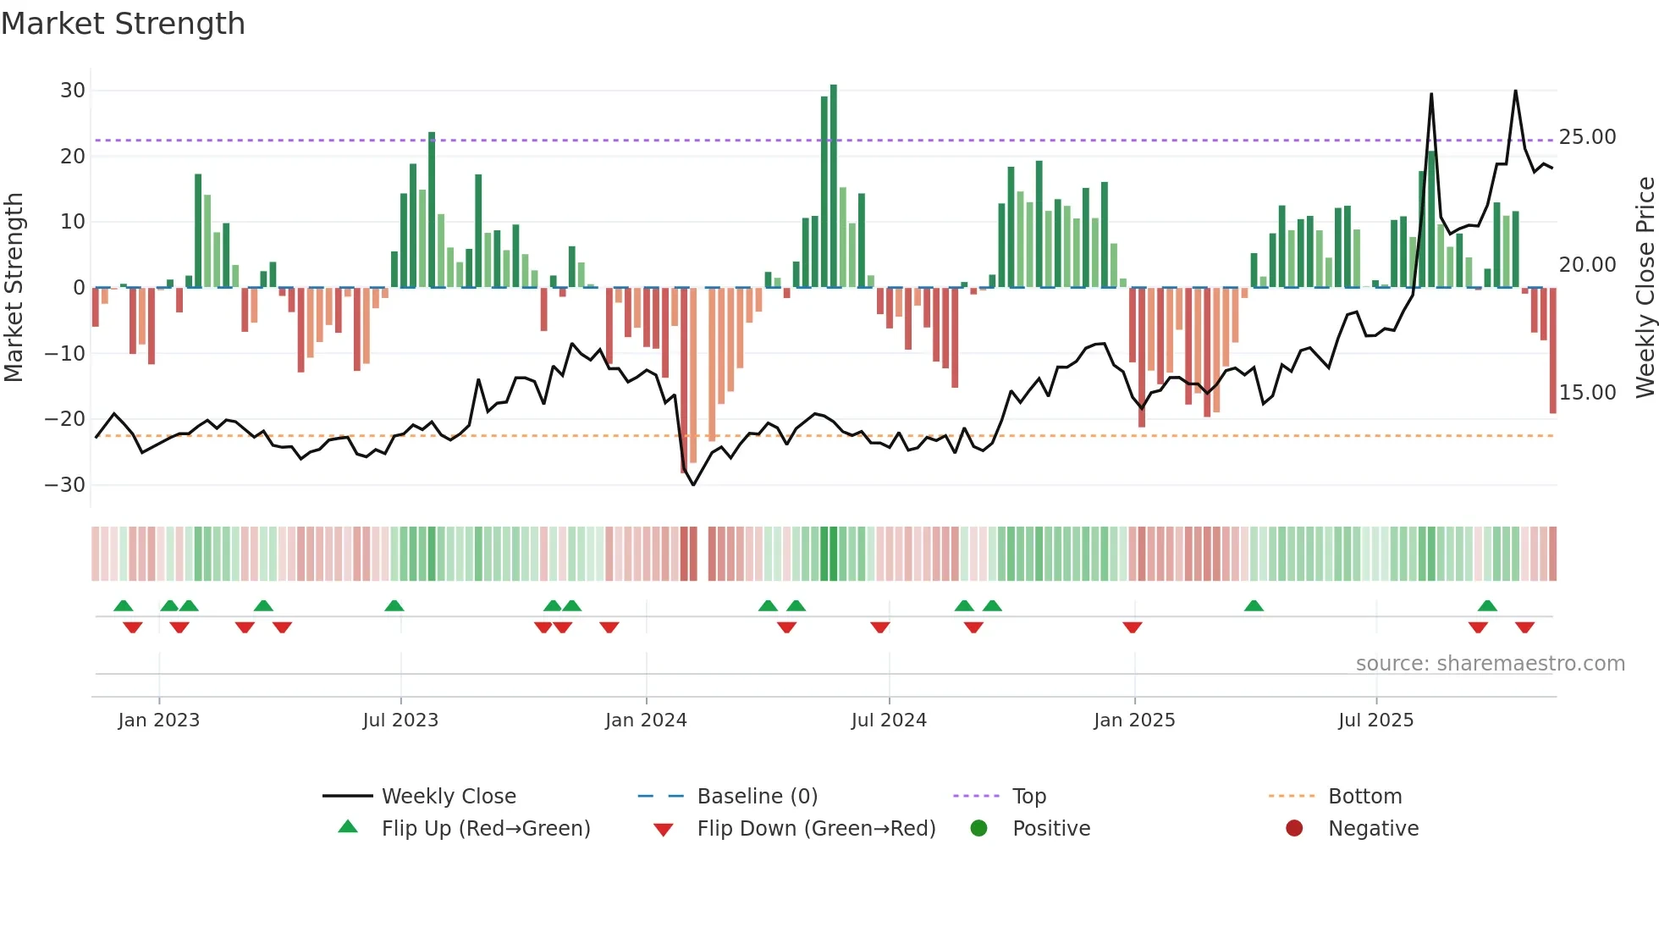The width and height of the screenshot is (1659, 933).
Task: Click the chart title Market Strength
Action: tap(123, 24)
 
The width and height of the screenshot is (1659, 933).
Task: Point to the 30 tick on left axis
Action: tap(73, 91)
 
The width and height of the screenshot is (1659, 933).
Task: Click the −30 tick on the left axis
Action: tap(65, 485)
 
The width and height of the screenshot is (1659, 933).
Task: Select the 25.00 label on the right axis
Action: tap(1587, 137)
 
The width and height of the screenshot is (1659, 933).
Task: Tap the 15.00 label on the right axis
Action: tap(1587, 393)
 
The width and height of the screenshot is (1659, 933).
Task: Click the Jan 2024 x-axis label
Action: tap(646, 720)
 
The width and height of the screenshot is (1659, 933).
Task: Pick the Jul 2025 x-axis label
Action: tap(1375, 720)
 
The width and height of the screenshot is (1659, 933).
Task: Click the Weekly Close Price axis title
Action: tap(1645, 288)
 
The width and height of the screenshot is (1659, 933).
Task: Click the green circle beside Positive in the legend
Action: tap(979, 829)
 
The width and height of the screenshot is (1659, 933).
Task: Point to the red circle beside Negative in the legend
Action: tap(1294, 829)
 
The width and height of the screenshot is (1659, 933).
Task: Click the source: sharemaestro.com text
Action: tap(1490, 664)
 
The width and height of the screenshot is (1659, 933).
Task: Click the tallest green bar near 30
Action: tap(834, 186)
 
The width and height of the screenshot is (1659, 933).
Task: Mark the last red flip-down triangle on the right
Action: tap(1524, 627)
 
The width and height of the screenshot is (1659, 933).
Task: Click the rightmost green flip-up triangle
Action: tap(1487, 606)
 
